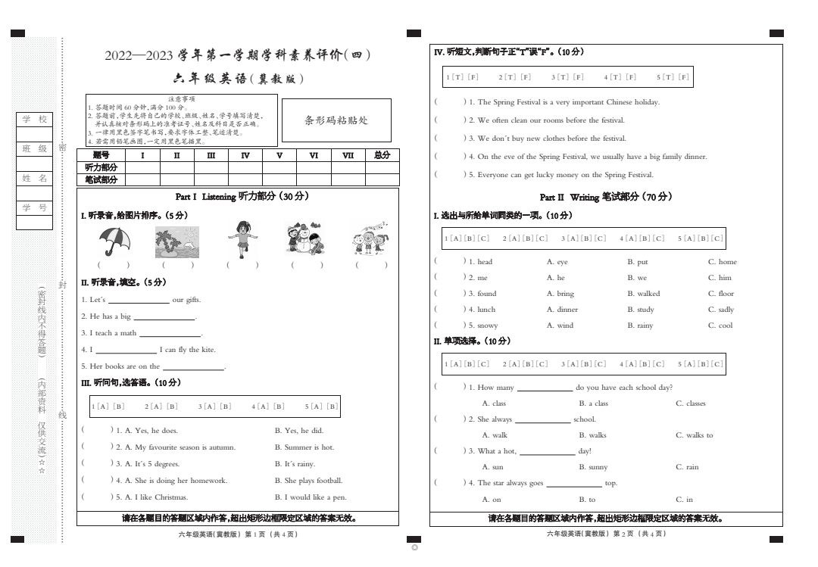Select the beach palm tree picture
(179, 241)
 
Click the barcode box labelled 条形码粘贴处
(336, 120)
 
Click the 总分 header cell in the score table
(382, 155)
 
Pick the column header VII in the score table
(348, 155)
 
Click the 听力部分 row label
(101, 167)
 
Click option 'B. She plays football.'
(308, 481)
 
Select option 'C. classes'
(690, 403)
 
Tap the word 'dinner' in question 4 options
(567, 310)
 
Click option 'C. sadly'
(721, 310)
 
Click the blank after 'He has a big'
(164, 317)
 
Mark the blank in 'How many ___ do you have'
(545, 388)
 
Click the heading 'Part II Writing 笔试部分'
(605, 198)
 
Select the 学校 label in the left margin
(34, 120)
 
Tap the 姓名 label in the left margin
(34, 179)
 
